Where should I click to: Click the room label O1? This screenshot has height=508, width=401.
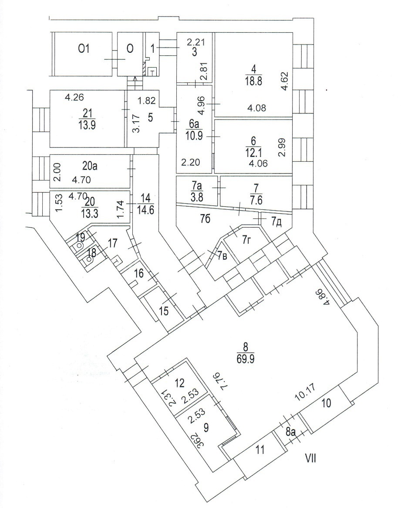84,49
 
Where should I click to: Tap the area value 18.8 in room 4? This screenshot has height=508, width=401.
253,81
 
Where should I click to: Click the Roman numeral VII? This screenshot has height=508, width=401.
311,459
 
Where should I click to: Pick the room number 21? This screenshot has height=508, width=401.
88,113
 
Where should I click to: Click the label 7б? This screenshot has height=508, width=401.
206,219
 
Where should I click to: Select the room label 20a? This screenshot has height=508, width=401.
90,166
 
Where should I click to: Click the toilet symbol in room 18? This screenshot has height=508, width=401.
90,259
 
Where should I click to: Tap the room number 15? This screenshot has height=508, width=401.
164,311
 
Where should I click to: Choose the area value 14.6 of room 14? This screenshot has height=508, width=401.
145,210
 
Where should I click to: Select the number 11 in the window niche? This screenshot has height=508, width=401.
260,450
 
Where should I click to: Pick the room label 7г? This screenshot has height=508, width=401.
247,240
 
